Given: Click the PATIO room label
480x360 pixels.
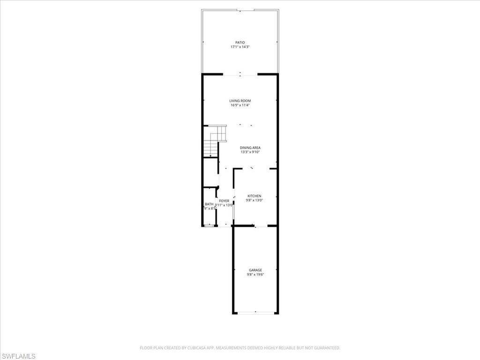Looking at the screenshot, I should coord(240,43).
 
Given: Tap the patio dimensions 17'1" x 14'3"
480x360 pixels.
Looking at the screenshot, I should coord(240,47).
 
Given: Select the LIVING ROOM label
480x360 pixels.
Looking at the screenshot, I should coord(240,101).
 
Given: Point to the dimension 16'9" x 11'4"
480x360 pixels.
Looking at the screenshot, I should coord(240,105).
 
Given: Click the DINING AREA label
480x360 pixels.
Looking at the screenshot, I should coord(250,148).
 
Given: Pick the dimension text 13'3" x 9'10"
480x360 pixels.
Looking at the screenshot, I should coord(250,152).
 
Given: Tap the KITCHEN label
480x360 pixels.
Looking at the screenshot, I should coord(255,196).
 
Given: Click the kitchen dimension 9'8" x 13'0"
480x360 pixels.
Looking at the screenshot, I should coord(255,201).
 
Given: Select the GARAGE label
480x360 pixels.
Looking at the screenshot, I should coord(255,270).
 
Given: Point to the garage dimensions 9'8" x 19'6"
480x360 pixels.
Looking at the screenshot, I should coord(255,275).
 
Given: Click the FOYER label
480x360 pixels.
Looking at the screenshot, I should coord(224,201).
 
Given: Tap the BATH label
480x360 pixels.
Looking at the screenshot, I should coord(209,204).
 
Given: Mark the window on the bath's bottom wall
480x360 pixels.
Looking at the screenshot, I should coord(209,226).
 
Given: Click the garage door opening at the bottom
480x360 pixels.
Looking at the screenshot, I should coord(255,313).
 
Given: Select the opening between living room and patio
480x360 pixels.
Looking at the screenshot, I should coord(240,74).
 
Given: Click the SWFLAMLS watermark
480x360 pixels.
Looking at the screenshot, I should coord(18,357).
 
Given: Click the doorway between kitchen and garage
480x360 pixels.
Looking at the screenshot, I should coord(255,226).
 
